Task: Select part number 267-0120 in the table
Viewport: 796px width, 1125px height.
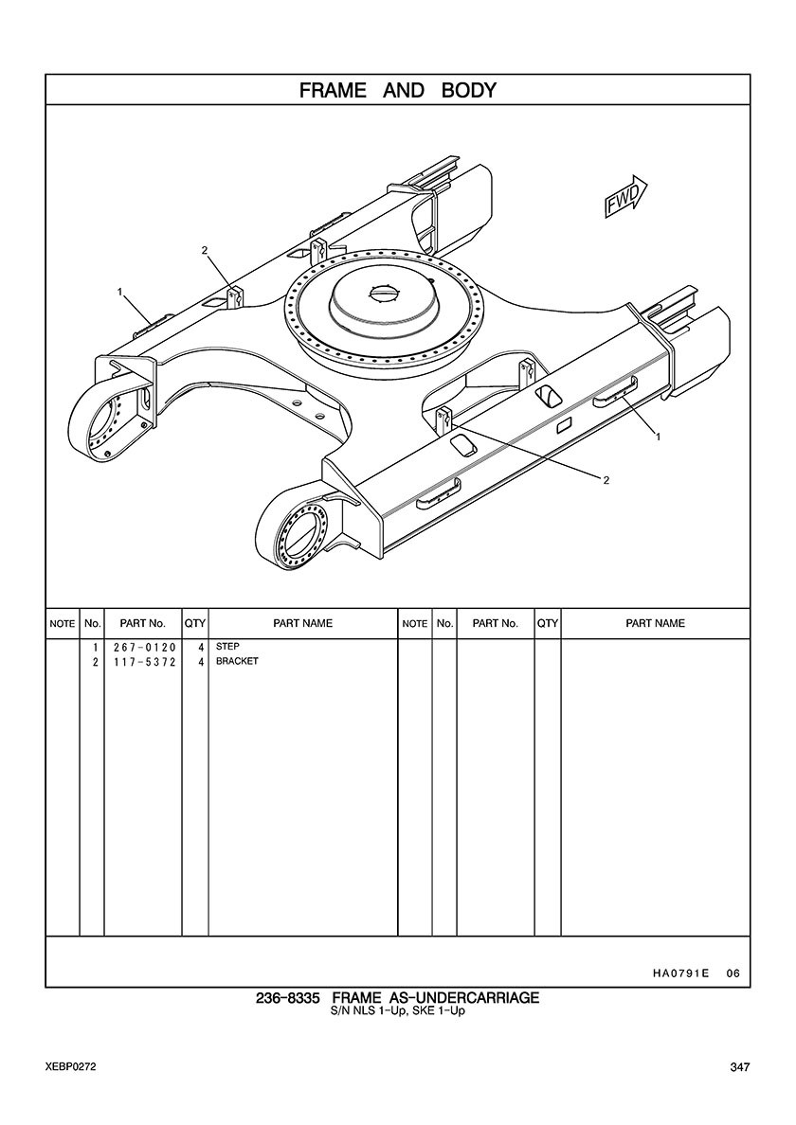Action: (144, 647)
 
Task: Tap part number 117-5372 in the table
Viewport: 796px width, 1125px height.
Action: (144, 662)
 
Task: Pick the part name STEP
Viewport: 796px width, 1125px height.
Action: (227, 647)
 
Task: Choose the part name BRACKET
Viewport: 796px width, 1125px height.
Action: (237, 661)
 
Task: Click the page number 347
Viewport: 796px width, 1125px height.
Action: (740, 1067)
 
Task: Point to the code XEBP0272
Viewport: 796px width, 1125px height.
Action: (70, 1067)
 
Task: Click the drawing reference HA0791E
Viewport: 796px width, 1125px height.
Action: (680, 973)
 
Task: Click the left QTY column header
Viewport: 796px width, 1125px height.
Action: (195, 623)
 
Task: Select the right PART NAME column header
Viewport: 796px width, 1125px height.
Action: (656, 623)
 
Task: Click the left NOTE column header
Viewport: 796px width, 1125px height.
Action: (63, 623)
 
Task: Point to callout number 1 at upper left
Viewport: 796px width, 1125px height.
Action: (120, 292)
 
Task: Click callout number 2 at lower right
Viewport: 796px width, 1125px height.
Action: (606, 480)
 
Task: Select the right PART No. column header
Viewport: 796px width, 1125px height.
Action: (496, 623)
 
